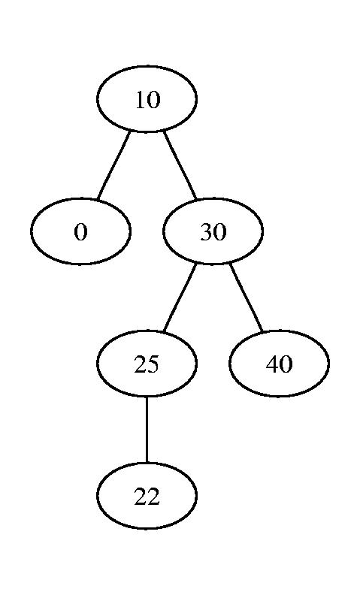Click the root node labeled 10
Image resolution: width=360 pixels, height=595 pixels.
tap(147, 98)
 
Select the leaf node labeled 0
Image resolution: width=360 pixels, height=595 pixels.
tap(80, 231)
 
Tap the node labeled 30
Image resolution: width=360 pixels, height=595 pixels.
tap(213, 231)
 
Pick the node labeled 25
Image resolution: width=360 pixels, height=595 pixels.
tap(147, 364)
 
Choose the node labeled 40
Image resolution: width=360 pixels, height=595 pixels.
tap(279, 364)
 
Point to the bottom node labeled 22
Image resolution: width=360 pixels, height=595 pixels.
tap(147, 496)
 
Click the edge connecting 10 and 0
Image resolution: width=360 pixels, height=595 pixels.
tap(113, 165)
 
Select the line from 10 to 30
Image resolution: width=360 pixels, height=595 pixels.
tap(180, 165)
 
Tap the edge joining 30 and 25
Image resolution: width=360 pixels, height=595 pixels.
tap(180, 297)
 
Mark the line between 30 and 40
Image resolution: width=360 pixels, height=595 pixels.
tap(246, 297)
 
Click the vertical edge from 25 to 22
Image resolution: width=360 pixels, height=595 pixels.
tap(147, 430)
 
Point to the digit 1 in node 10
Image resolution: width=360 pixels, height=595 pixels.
tap(141, 100)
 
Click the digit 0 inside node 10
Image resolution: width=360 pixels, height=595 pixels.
tap(154, 100)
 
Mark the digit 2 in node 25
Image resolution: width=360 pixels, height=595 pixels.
tap(140, 364)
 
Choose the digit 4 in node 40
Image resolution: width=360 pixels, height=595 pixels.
tap(273, 364)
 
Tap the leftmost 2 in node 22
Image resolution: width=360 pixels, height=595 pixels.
tap(140, 497)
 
